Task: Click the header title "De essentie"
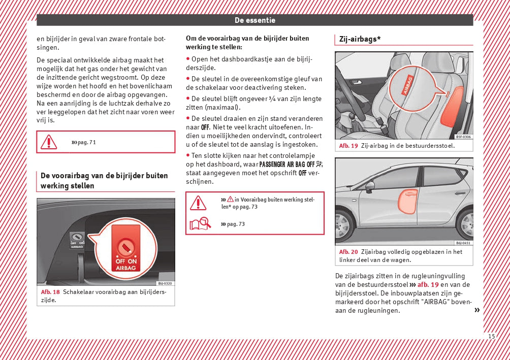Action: point(254,20)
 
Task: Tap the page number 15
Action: point(491,336)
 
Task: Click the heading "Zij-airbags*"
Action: point(360,39)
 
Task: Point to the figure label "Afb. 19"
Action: point(348,146)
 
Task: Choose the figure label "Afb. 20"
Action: point(348,252)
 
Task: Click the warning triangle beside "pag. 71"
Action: point(49,142)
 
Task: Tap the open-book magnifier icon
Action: point(200,223)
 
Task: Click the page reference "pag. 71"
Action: point(84,142)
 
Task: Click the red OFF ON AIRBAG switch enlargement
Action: point(125,249)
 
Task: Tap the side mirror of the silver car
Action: point(370,185)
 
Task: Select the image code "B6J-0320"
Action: point(165,283)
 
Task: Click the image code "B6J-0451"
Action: point(462,243)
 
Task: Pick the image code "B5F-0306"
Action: point(463,137)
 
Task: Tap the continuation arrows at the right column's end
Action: point(476,310)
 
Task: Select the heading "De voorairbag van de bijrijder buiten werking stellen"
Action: point(104,181)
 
